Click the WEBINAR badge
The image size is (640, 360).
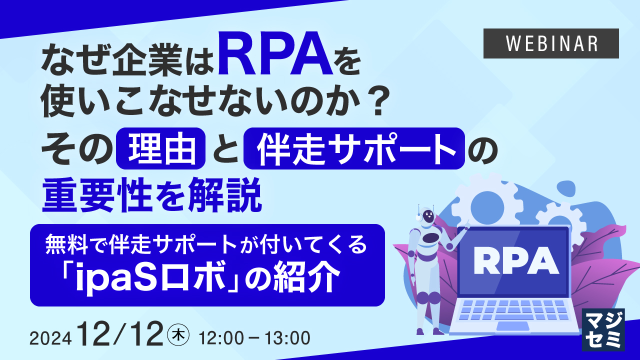coord(551,43)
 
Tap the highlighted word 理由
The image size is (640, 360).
coord(161,148)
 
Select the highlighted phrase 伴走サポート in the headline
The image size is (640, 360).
coord(354,148)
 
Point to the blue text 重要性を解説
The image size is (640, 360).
coord(152,197)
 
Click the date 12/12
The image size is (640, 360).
coord(121,334)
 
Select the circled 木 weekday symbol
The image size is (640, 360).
coord(178,334)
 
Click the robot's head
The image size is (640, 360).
coord(428,216)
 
